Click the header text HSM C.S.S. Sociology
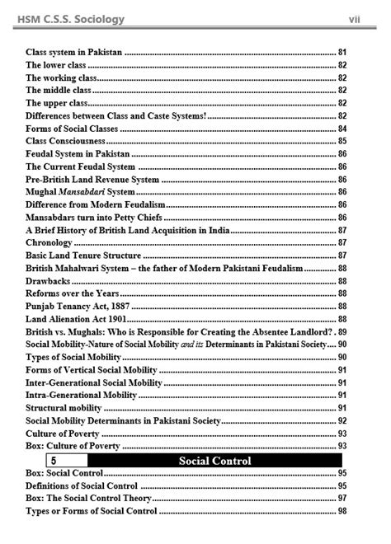[73, 18]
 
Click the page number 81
[342, 52]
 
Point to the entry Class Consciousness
[65, 141]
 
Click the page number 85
[342, 141]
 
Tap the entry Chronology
[49, 242]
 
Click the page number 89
[342, 331]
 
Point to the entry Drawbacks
[48, 281]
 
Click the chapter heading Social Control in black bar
[214, 460]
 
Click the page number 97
[342, 499]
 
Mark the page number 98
[342, 512]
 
